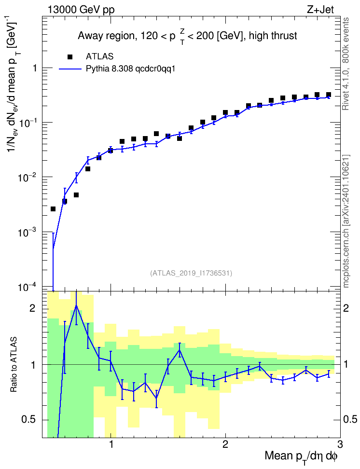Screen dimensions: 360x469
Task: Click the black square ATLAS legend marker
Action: click(70, 56)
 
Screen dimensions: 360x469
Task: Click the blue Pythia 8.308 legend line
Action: click(70, 69)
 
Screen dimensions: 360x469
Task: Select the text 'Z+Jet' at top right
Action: click(320, 10)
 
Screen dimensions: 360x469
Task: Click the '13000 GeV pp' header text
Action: click(81, 10)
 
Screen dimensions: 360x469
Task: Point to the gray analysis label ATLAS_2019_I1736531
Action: click(191, 273)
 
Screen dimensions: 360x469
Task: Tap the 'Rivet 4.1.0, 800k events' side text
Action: click(346, 64)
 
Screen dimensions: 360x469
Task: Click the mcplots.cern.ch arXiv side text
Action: click(346, 221)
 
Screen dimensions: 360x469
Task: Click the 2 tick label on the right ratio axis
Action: click(346, 308)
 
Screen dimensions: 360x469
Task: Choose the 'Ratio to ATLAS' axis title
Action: click(14, 365)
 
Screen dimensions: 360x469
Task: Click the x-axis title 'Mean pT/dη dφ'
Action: click(301, 456)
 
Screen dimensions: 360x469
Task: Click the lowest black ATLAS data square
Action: click(53, 209)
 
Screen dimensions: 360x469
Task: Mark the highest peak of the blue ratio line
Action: click(76, 306)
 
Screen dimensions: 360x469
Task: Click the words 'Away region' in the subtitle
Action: click(106, 36)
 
